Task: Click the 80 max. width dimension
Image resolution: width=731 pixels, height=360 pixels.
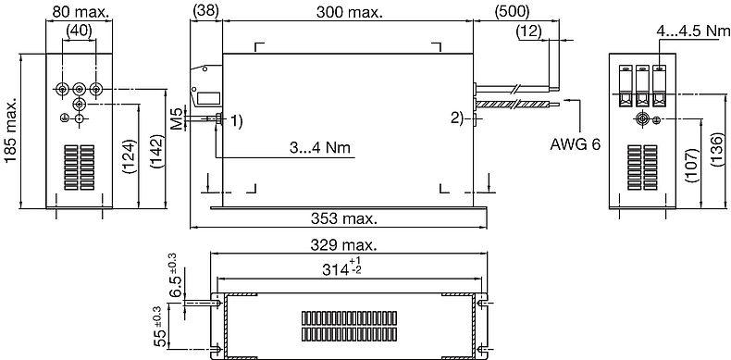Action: tap(81, 12)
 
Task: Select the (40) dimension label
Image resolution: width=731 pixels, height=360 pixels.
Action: tap(80, 31)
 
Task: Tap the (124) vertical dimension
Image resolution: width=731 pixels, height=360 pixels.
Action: tap(130, 156)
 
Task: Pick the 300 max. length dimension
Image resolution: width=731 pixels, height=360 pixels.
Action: tap(349, 12)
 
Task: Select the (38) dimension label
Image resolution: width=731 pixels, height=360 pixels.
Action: tap(205, 11)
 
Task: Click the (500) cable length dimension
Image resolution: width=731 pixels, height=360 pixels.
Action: tap(513, 11)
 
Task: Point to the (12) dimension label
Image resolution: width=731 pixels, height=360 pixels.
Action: tap(529, 31)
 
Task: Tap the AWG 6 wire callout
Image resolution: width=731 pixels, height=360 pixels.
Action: tap(576, 144)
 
